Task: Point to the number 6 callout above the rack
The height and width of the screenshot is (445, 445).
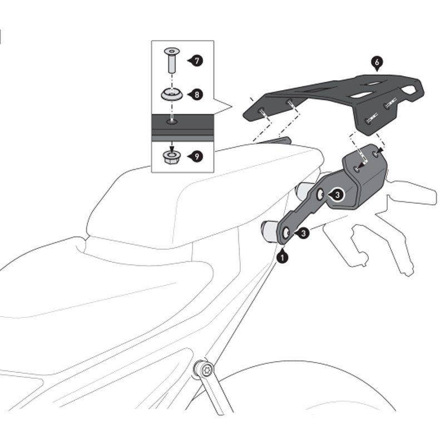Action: (377, 63)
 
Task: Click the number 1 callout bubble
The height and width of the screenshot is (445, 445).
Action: (283, 257)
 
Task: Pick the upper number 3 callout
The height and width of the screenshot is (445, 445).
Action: (337, 195)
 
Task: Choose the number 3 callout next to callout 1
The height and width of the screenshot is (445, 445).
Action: (303, 234)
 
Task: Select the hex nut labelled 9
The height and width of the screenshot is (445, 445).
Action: (171, 157)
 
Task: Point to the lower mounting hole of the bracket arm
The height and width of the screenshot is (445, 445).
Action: (286, 234)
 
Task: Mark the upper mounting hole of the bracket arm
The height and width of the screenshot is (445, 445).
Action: (320, 195)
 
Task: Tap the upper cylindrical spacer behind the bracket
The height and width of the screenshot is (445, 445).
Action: (305, 191)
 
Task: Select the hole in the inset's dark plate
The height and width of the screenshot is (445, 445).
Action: (172, 121)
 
